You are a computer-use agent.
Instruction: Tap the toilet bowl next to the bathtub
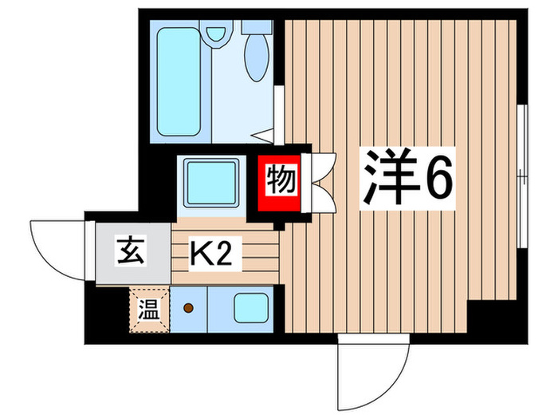click(215, 35)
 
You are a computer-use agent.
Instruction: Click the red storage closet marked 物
click(280, 183)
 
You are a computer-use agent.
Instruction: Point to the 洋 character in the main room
click(391, 180)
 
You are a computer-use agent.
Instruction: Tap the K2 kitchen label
click(210, 255)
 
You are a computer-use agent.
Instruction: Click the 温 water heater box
click(149, 306)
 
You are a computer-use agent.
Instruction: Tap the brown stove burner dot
click(188, 307)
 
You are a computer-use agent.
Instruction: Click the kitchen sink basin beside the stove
click(251, 307)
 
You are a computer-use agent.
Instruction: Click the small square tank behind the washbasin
click(257, 25)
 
